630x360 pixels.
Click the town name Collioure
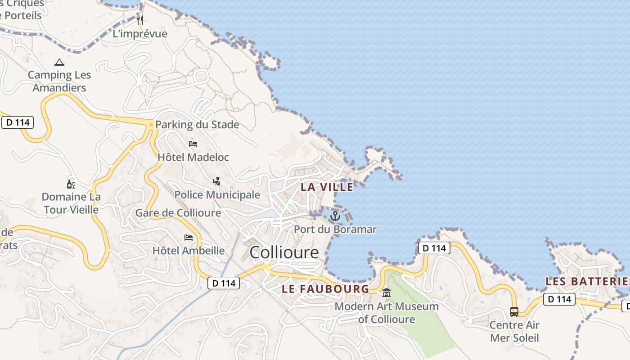(x=284, y=252)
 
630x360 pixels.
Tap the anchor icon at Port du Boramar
(x=335, y=216)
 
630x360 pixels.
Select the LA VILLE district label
(x=327, y=187)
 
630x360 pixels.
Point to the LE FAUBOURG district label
(x=325, y=289)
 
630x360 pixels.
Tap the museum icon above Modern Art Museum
(x=387, y=293)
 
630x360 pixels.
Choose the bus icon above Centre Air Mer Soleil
(x=514, y=311)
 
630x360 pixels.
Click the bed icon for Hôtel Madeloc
(x=193, y=144)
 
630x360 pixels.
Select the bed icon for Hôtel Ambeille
(x=189, y=237)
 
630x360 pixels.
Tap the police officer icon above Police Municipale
(x=217, y=181)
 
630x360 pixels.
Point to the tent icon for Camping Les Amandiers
(x=59, y=62)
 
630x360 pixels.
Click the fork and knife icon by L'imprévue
(x=140, y=20)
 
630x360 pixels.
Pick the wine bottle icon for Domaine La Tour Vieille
(x=71, y=184)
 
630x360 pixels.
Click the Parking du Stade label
(x=197, y=125)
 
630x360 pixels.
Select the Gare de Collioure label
(x=178, y=213)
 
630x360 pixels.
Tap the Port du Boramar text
(x=335, y=229)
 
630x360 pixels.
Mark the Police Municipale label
(x=217, y=195)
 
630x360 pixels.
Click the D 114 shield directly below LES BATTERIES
(x=559, y=299)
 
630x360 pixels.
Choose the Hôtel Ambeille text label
(x=189, y=251)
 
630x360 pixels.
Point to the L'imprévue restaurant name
(x=140, y=34)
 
